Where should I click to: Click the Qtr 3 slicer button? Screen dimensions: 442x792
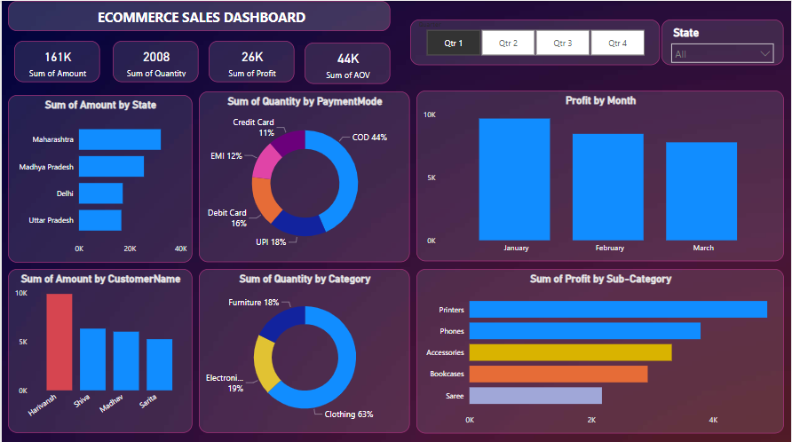(562, 43)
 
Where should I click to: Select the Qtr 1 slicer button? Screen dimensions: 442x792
(454, 43)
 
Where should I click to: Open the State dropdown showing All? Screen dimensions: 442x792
(723, 54)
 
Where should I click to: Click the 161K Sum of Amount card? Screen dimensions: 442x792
(58, 63)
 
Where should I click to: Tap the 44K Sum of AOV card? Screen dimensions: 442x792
(347, 65)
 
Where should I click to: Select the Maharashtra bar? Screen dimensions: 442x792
(120, 139)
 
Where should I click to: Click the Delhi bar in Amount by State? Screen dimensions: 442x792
(100, 193)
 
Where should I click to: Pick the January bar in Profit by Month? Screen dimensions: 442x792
(515, 179)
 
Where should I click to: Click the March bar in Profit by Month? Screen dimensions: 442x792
(701, 191)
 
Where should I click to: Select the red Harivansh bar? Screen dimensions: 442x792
(59, 342)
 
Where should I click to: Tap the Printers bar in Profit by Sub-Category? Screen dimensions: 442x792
(618, 310)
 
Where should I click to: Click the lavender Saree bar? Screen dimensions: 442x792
(535, 396)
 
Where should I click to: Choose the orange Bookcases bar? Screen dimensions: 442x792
(558, 375)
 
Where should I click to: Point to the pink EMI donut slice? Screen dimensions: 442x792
(265, 162)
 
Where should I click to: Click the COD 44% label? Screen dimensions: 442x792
(369, 138)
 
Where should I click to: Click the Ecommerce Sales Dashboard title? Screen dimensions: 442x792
(202, 17)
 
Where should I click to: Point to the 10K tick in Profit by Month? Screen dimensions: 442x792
(429, 114)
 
